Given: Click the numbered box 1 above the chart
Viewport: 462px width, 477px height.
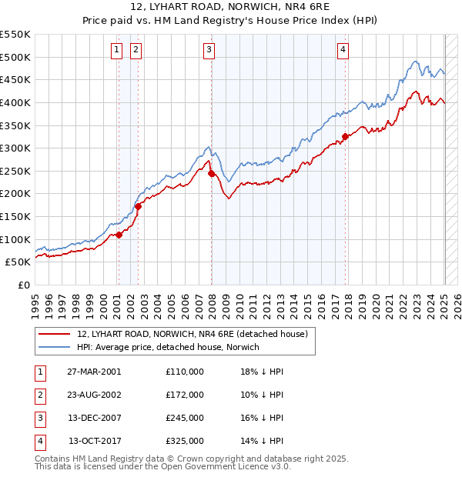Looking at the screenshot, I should pos(116,51).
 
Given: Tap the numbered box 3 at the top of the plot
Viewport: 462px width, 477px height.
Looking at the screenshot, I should pos(209,51).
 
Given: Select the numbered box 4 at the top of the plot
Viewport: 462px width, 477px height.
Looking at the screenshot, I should pos(342,51).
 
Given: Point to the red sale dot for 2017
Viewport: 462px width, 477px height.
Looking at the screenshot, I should pos(346,137).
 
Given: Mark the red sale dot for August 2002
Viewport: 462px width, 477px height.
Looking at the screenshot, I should pos(139,206).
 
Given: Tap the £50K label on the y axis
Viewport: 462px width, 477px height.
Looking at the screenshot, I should pos(18,262).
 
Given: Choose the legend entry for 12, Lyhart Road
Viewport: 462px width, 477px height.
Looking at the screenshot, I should pos(192,334).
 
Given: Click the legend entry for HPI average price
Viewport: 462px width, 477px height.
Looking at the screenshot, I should pos(168,347).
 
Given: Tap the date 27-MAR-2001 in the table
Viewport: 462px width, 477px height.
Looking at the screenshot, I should pos(94,372).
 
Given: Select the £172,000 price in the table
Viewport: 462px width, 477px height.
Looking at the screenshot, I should pos(185,395).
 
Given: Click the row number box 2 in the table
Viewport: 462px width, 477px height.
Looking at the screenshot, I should pos(39,395).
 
